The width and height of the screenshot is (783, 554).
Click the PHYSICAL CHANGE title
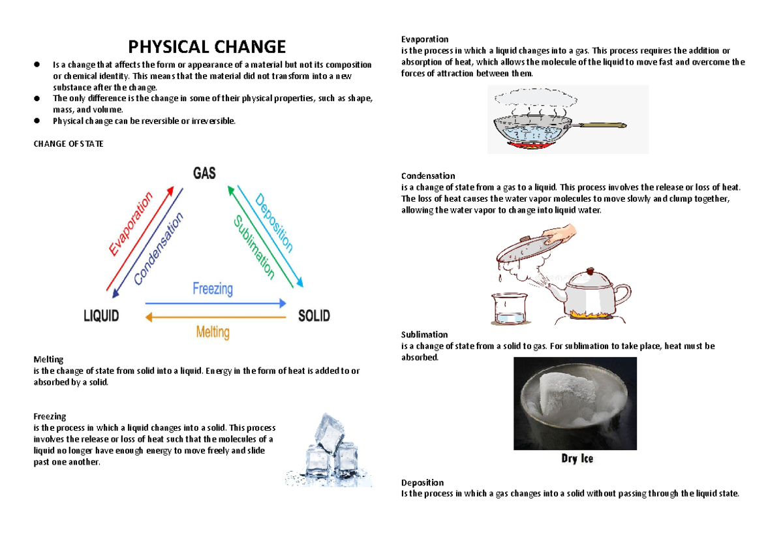pyautogui.click(x=207, y=47)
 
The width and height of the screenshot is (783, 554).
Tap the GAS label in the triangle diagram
pyautogui.click(x=204, y=173)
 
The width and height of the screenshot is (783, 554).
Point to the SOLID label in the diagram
pyautogui.click(x=314, y=316)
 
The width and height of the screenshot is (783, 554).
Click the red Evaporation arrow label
pyautogui.click(x=131, y=224)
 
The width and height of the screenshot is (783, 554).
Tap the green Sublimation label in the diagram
pyautogui.click(x=254, y=248)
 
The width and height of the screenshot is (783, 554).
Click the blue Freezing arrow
pyautogui.click(x=215, y=303)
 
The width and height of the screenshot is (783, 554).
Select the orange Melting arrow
pyautogui.click(x=215, y=318)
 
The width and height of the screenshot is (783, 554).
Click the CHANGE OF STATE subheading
pyautogui.click(x=68, y=144)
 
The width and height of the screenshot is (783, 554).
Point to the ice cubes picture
pyautogui.click(x=330, y=450)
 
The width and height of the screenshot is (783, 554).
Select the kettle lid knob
pyautogui.click(x=590, y=270)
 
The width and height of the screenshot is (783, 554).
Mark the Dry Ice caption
pyautogui.click(x=577, y=459)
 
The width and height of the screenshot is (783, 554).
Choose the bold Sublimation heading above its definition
pyautogui.click(x=424, y=335)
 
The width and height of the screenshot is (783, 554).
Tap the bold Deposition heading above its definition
pyautogui.click(x=422, y=483)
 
